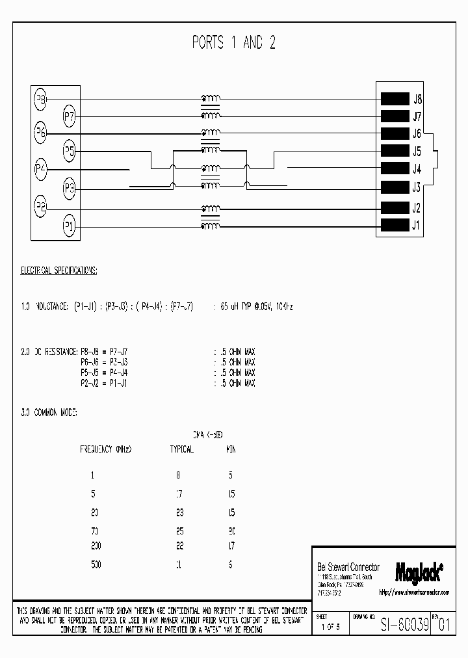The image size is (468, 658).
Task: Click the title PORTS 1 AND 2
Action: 233,44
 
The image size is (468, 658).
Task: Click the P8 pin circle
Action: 40,99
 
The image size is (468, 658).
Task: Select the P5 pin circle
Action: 70,151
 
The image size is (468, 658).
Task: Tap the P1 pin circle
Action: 70,226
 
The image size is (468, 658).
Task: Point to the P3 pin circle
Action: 70,189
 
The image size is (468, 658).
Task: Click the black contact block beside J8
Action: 394,99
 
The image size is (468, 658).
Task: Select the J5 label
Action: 417,152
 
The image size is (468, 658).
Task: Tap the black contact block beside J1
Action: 394,226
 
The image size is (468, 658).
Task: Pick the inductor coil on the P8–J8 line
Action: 210,99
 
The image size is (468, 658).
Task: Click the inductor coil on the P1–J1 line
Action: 210,226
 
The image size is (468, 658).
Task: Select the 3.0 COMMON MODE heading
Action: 49,412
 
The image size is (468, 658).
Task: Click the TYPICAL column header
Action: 181,449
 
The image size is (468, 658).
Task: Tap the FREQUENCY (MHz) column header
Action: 105,449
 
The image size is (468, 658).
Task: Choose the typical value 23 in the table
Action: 180,512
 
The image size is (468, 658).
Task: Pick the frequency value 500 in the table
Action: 96,565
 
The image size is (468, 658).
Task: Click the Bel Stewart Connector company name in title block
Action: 348,568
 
